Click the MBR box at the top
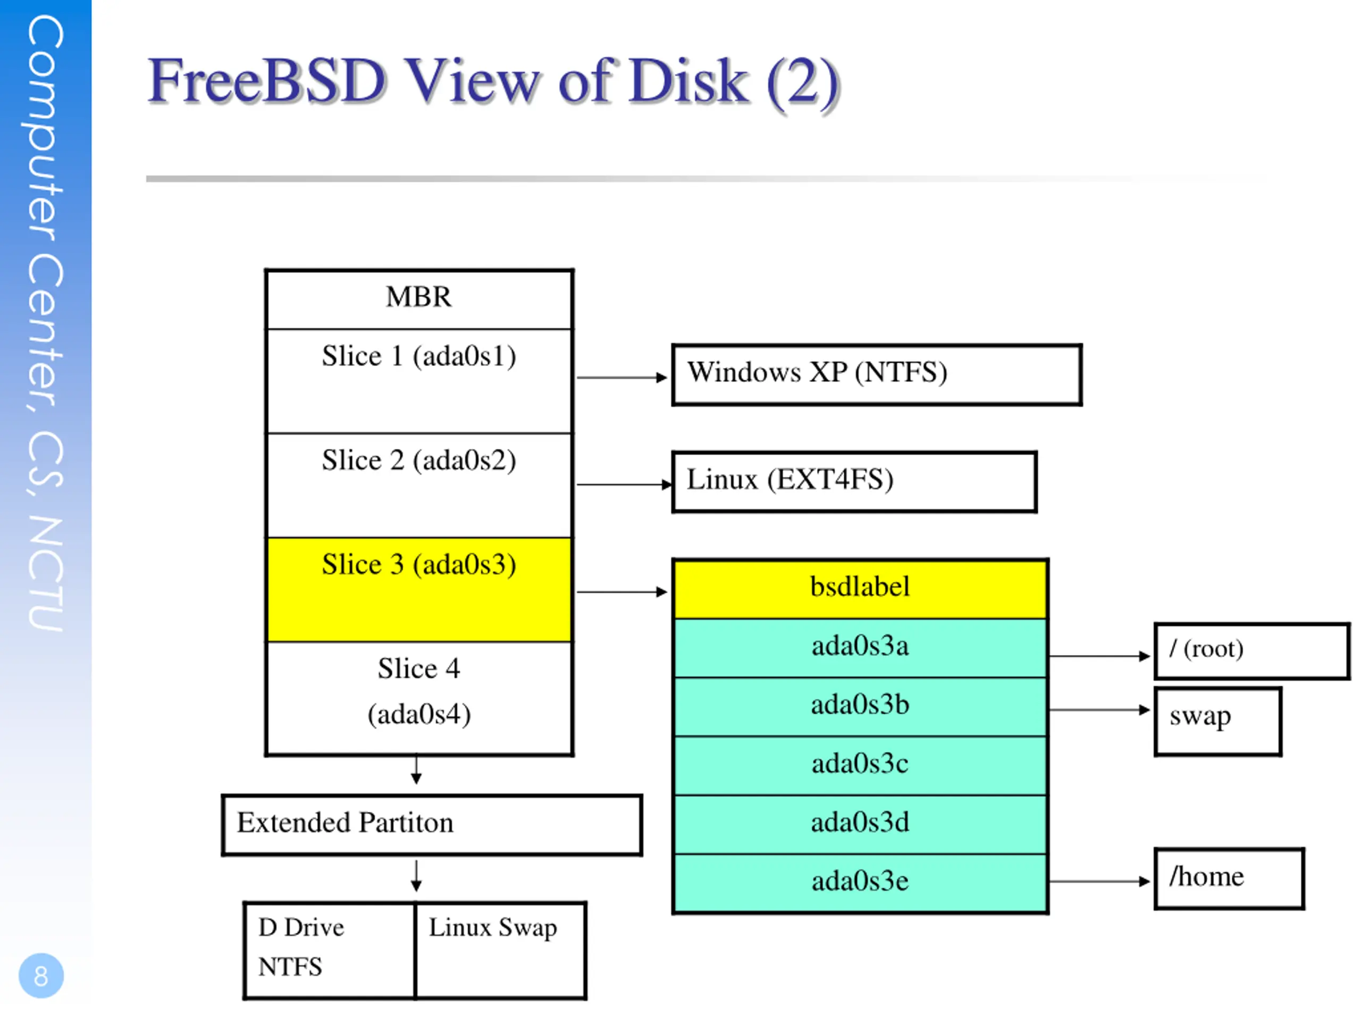(419, 299)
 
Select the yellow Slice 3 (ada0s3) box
(419, 590)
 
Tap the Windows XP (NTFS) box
(877, 374)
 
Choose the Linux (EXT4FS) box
(855, 482)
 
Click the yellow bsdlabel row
(860, 588)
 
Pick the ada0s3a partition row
(860, 648)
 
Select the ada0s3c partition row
(860, 765)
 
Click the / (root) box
(1251, 651)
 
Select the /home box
(1229, 878)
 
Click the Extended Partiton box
(432, 825)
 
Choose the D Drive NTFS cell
(329, 950)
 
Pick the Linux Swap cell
(501, 950)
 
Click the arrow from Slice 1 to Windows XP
(622, 377)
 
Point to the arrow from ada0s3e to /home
(1099, 881)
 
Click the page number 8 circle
(41, 975)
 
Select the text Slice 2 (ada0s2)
(419, 461)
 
